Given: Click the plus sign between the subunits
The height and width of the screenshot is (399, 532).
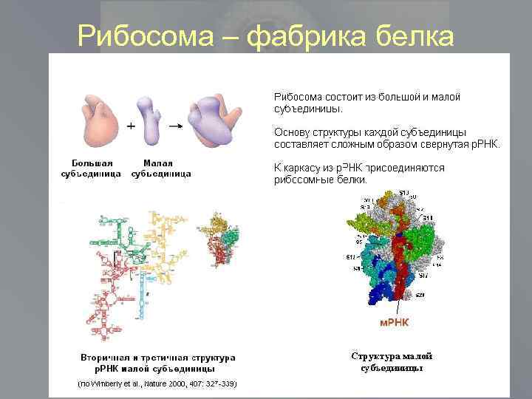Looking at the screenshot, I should coord(131,126).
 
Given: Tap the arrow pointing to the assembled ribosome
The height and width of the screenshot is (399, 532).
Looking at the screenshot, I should coord(175,126).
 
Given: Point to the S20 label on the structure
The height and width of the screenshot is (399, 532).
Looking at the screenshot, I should coord(420,295).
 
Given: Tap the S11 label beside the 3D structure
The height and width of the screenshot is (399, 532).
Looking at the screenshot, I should coord(427,219).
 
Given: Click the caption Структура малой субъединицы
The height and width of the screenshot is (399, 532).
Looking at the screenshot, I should coord(392,362).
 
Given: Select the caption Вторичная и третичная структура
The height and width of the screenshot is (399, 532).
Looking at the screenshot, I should coord(158,357).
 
